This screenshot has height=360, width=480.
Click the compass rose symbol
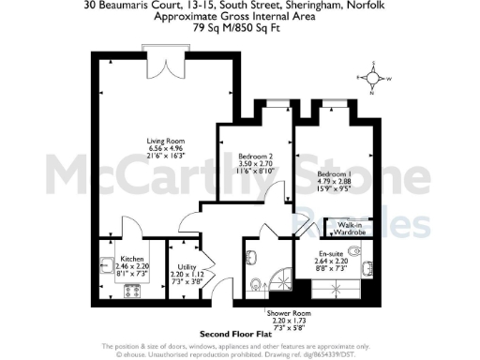pos(373,80)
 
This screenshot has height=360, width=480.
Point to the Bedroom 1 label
pos(335,173)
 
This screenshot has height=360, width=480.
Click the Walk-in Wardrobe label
pos(351,228)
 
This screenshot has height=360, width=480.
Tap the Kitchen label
pos(131,259)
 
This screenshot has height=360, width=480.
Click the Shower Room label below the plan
pos(281,314)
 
